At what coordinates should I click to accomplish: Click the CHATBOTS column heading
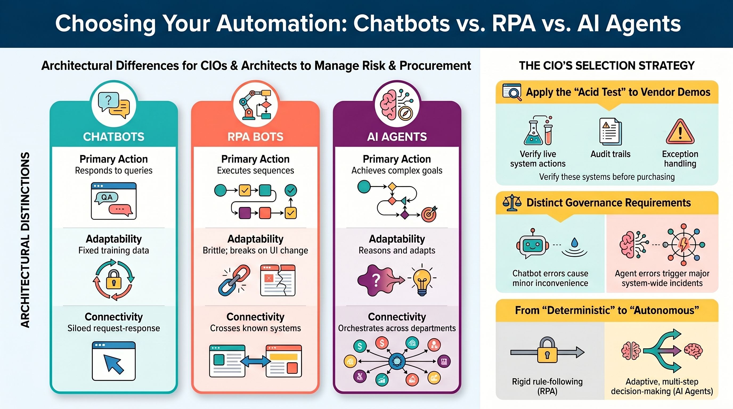(x=113, y=137)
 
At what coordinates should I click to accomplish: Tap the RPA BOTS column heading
(x=255, y=137)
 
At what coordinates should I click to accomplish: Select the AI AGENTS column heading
(x=397, y=137)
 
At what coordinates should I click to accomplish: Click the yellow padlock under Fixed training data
(x=113, y=279)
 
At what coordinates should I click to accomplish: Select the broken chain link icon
(x=234, y=280)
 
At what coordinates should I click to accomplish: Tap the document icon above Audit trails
(x=610, y=132)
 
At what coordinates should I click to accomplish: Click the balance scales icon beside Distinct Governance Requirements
(x=512, y=203)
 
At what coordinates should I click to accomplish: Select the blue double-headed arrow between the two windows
(x=255, y=361)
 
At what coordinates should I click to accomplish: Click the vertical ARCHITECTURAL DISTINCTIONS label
(x=25, y=240)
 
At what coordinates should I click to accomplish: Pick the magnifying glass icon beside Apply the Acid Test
(x=512, y=92)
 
